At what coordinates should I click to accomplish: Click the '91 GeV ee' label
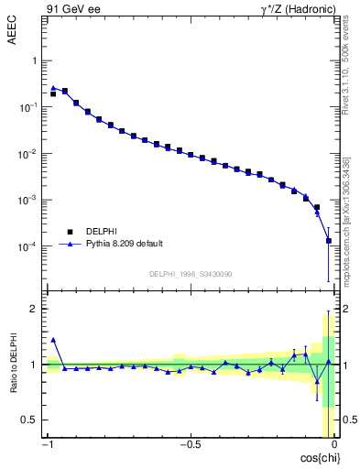coord(71,10)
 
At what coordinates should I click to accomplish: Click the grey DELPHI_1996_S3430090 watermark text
coord(190,274)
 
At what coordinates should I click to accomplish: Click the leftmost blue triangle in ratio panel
coord(53,339)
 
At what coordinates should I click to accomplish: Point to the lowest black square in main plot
coord(328,241)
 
